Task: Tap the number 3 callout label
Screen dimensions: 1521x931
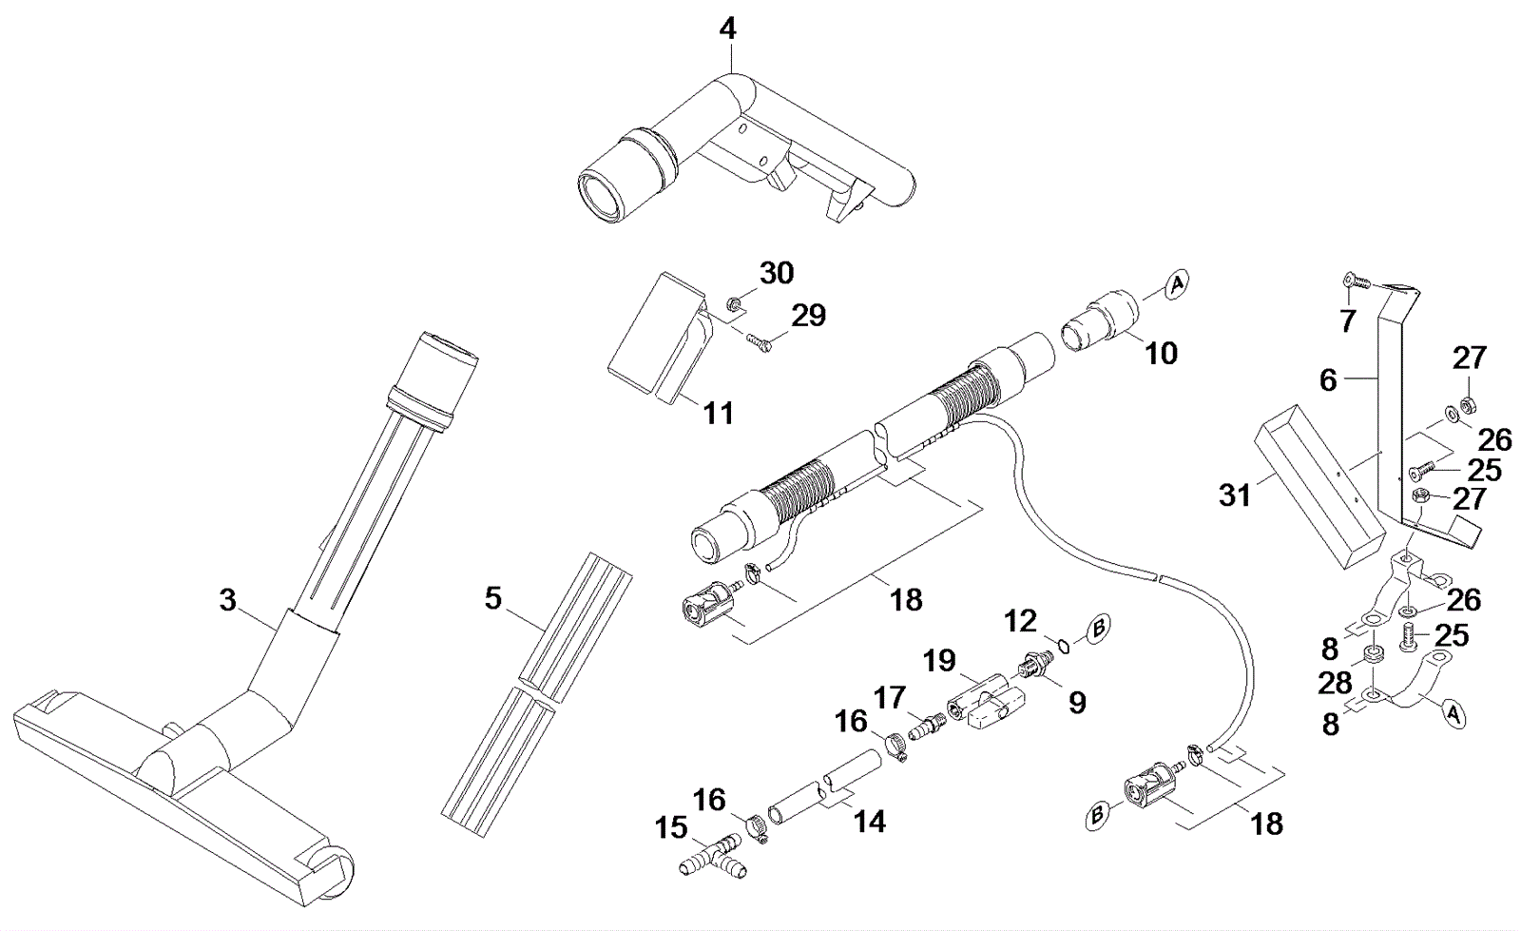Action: tap(228, 600)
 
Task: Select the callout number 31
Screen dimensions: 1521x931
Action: tap(1235, 495)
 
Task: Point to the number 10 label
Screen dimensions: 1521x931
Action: tap(1161, 353)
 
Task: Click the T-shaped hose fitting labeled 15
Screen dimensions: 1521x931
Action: tap(713, 859)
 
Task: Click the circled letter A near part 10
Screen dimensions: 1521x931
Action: tap(1178, 283)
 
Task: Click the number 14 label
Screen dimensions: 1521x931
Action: tap(870, 821)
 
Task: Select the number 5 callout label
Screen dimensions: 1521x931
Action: tap(493, 599)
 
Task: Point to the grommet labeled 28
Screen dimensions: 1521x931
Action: tap(1371, 659)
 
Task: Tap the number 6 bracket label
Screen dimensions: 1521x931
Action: tap(1328, 380)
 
